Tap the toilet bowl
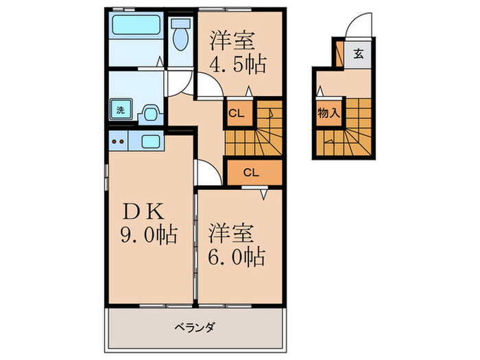coord(181,36)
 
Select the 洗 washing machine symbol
coord(120,109)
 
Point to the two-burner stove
coord(118,142)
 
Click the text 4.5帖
coord(237,67)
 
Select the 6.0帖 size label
coord(237,258)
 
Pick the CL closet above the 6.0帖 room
coord(251,173)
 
